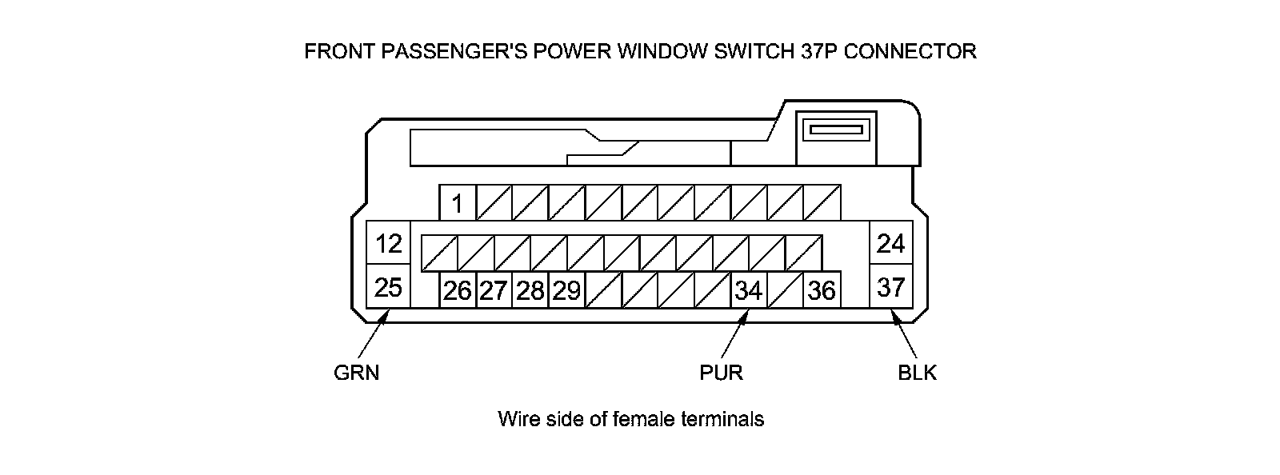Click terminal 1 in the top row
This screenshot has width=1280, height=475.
click(458, 203)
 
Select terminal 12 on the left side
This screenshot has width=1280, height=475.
click(388, 243)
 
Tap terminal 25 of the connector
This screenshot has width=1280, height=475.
click(388, 286)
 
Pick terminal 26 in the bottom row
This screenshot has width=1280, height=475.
click(458, 290)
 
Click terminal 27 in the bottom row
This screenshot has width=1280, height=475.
click(494, 290)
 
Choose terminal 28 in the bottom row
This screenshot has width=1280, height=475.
click(530, 290)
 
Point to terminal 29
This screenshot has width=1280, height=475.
click(566, 290)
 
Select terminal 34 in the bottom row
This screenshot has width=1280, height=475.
click(749, 290)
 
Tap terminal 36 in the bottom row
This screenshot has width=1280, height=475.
click(822, 290)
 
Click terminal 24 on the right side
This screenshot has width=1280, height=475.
click(890, 243)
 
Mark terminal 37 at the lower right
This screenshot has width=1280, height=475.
click(890, 286)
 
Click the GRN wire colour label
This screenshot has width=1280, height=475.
click(356, 373)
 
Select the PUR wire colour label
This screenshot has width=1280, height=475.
click(721, 373)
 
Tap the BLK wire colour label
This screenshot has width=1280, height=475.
click(917, 373)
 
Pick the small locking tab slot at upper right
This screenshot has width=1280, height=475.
click(837, 130)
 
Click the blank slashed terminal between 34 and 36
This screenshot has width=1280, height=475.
click(786, 290)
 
